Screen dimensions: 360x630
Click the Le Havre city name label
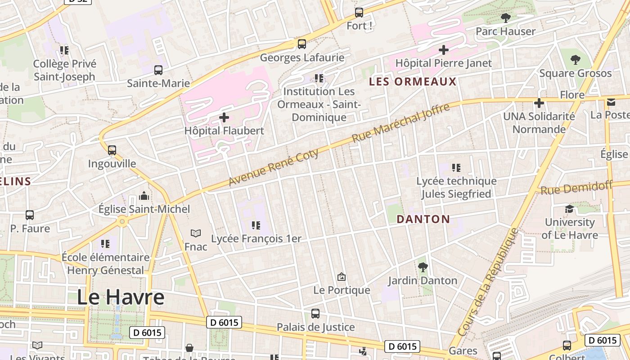(x=121, y=297)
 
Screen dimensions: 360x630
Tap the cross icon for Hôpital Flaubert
(x=224, y=118)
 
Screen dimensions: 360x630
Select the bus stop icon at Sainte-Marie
(x=158, y=70)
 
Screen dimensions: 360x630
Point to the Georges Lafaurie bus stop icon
(x=302, y=44)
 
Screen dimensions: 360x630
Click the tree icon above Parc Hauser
(x=506, y=18)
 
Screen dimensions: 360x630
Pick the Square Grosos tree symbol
(x=576, y=59)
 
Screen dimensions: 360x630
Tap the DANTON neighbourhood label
(x=423, y=219)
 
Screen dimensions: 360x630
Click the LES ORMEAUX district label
(x=413, y=82)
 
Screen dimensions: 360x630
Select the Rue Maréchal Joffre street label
(x=400, y=123)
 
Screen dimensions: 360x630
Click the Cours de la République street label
(x=488, y=282)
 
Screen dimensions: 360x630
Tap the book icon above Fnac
(x=196, y=233)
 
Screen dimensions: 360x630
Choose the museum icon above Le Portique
(x=342, y=276)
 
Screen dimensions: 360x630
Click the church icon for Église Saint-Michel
(x=144, y=196)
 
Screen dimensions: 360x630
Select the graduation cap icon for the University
(x=569, y=209)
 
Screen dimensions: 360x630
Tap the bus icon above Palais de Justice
(x=315, y=314)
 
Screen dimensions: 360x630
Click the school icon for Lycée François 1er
(x=256, y=225)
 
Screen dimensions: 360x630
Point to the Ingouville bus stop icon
(x=112, y=150)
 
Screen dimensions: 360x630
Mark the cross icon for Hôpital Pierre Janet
(x=444, y=49)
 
